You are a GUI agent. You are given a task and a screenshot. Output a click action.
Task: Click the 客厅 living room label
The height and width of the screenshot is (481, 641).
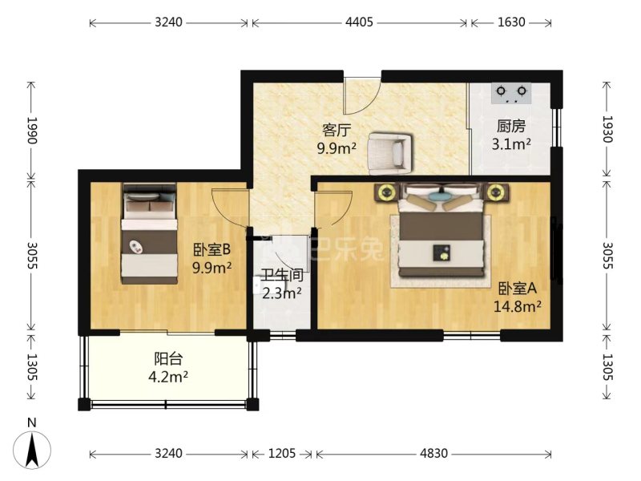pos(337,130)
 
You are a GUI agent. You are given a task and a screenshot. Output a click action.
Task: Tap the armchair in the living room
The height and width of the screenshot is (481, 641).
pos(389,152)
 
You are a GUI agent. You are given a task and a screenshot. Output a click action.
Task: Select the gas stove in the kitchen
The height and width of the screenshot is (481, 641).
pos(511,93)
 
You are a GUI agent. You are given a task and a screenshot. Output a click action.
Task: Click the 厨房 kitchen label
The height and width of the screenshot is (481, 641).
pos(511,127)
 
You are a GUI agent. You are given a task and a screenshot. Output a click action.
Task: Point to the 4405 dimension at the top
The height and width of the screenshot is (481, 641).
pos(359,22)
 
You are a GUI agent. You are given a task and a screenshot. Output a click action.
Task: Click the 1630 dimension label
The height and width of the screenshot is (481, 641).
pos(511,22)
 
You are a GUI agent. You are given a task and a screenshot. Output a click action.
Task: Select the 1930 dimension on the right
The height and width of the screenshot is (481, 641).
pos(608,129)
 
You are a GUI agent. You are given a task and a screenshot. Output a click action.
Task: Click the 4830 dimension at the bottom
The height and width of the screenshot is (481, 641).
pos(433,453)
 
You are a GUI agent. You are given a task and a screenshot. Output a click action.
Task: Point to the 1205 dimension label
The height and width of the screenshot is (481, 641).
pos(282,453)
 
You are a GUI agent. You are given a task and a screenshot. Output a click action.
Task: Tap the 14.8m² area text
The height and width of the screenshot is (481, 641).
pos(518,306)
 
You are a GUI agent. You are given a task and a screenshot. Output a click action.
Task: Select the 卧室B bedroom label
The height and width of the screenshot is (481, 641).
pos(212,249)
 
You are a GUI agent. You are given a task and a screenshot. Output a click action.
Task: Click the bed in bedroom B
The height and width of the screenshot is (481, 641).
pos(150,233)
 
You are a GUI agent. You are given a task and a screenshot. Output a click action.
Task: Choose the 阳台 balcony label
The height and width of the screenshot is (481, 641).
pos(168,358)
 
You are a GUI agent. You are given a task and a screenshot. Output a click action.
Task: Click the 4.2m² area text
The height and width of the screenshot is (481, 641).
pos(168,376)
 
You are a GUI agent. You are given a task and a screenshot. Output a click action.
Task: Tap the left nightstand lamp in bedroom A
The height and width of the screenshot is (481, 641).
pos(386,192)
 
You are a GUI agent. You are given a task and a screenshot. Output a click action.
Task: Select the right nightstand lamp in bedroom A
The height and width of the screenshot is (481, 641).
pos(496,192)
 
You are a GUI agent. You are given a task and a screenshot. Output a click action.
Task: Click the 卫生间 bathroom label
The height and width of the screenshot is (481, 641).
pos(283,275)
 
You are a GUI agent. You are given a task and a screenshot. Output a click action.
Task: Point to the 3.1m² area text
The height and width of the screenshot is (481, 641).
pos(511,144)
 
